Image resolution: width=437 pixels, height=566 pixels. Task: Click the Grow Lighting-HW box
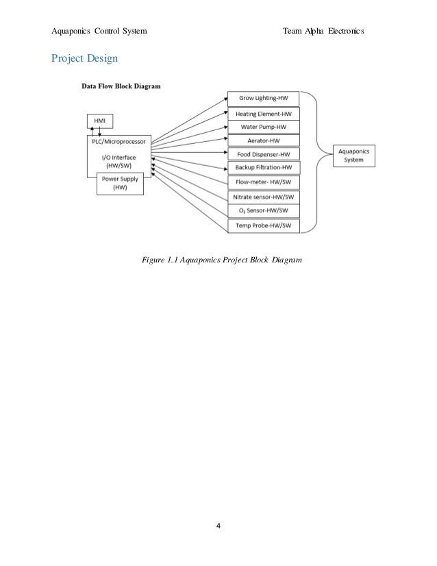(x=263, y=99)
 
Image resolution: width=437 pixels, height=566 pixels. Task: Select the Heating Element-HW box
(x=263, y=113)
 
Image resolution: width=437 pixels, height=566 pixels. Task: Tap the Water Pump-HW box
(x=263, y=127)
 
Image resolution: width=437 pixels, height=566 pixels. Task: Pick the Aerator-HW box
(x=263, y=140)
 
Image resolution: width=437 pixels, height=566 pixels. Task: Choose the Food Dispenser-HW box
(x=263, y=155)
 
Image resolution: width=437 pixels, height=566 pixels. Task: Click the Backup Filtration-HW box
(x=263, y=168)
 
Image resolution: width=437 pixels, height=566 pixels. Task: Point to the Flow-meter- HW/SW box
(x=263, y=182)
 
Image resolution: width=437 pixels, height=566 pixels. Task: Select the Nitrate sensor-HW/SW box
(x=263, y=197)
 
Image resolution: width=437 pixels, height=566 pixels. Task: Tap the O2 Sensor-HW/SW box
(x=263, y=210)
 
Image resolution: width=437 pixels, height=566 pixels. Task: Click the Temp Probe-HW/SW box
(x=263, y=225)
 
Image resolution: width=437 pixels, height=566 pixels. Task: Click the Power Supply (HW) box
(x=121, y=183)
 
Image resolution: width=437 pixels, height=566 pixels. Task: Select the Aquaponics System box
(x=355, y=155)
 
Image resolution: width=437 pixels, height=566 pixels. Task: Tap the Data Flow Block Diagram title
(x=121, y=87)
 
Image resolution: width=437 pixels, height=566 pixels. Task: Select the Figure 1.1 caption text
(x=221, y=260)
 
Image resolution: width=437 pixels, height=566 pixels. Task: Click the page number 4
(x=218, y=526)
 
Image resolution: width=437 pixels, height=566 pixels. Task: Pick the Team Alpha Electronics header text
(x=323, y=32)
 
